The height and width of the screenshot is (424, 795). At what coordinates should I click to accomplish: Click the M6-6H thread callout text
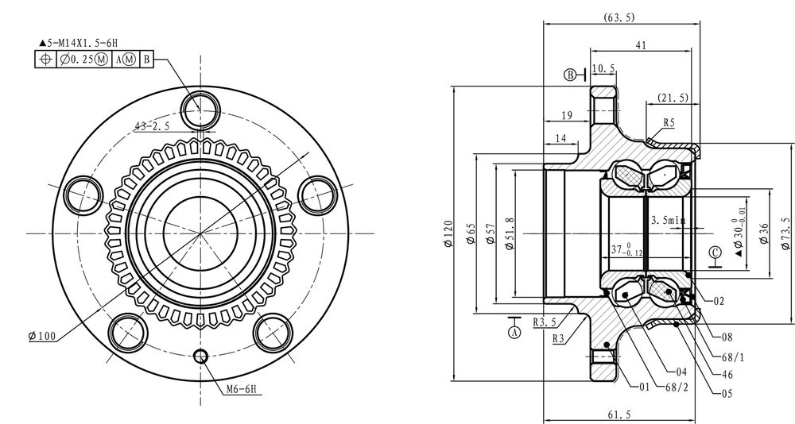coord(241,389)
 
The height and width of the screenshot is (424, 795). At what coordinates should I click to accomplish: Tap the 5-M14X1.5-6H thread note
coord(79,43)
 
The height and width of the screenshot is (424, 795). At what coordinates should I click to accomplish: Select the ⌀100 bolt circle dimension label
coord(42,335)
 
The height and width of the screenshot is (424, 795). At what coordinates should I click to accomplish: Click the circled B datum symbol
coord(570,75)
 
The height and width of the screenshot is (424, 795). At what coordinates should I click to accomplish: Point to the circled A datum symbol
coord(514,333)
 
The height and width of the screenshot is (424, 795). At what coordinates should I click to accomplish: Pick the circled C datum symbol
coord(715,252)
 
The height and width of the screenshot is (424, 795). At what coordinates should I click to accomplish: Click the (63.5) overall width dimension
coord(619,17)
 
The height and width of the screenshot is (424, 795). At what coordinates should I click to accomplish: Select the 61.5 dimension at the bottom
coord(619,415)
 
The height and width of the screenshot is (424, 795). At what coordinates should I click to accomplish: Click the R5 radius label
coord(669,122)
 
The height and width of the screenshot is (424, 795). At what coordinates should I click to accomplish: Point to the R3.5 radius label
coord(545,322)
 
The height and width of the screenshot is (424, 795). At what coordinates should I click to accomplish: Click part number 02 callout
coord(719,301)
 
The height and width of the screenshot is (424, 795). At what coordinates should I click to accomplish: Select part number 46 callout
coord(727,375)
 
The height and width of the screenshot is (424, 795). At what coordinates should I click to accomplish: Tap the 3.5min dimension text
coord(668,221)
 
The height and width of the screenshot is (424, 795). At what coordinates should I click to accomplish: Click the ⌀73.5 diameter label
coord(786,233)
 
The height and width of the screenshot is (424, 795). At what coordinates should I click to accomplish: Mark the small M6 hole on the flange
coord(201,357)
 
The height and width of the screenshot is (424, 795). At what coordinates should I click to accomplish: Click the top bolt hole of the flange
coord(201,111)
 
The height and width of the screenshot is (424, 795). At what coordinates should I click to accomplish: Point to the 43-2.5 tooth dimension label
coord(152,126)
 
